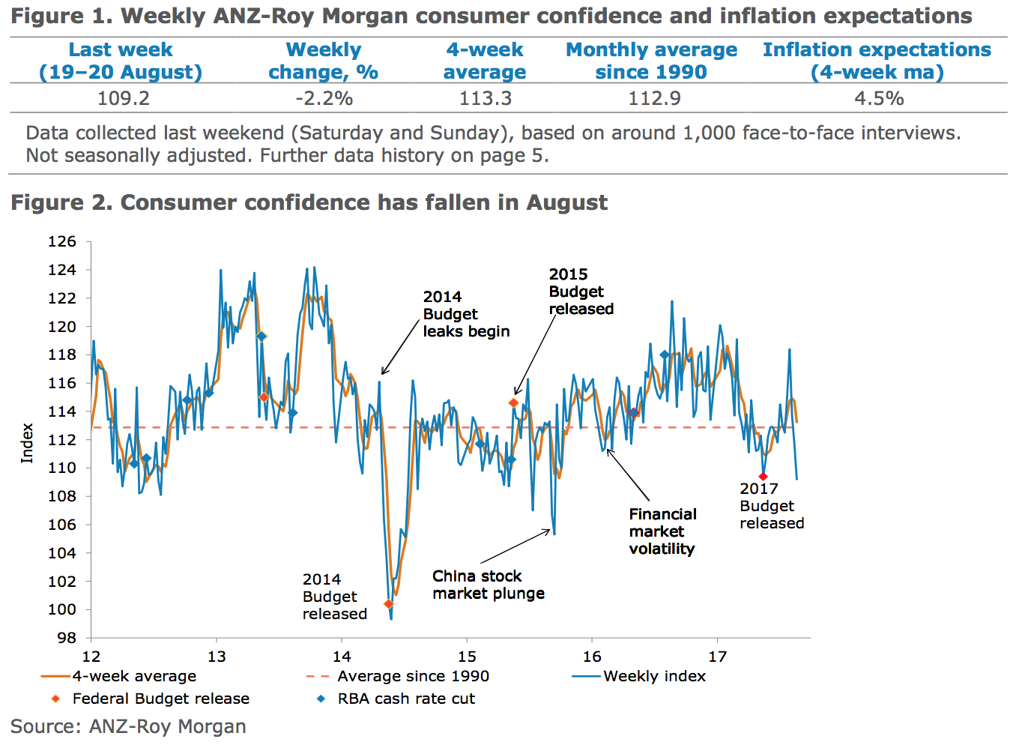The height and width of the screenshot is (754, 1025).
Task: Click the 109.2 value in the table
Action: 124,99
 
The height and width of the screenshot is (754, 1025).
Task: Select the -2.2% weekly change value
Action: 324,99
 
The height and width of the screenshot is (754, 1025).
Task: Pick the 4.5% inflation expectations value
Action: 879,99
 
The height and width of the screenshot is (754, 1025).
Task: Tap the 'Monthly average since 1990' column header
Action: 651,61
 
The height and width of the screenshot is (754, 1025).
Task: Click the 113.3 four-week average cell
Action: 486,99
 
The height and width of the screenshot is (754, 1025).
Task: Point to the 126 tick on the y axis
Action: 62,241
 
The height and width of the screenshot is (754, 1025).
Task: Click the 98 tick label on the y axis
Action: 67,638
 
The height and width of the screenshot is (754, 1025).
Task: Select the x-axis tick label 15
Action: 467,657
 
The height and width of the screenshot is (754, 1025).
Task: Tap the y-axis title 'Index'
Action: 27,443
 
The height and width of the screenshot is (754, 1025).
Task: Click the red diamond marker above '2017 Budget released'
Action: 763,477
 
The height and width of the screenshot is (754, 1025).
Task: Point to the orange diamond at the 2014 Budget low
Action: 388,604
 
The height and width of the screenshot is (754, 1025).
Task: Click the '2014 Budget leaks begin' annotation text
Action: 466,314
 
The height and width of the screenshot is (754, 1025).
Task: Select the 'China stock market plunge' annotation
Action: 488,585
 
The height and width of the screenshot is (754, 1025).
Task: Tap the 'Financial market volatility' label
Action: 662,531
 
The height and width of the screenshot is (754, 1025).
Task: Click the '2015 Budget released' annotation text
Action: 581,292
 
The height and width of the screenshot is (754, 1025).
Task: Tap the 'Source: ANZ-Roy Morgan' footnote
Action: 128,726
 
